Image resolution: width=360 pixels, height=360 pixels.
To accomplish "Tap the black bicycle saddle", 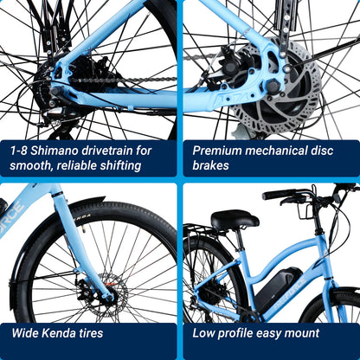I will [235, 220].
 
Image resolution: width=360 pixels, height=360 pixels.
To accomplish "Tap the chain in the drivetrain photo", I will [112, 80].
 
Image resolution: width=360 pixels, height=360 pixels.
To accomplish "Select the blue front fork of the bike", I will [82, 251].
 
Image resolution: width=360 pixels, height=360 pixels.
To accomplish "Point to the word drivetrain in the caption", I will [106, 150].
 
